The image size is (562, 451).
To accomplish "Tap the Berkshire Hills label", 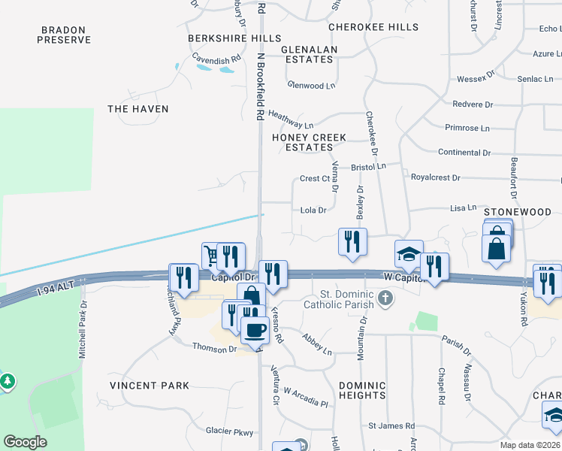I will coord(234,38).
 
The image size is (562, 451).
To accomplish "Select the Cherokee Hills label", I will coord(373,27).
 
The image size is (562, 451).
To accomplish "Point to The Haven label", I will coord(138,109).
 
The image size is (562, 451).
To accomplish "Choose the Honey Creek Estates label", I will coord(309,143).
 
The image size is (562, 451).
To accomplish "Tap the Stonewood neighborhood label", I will coord(518,212).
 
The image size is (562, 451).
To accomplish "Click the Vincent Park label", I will coord(150,386).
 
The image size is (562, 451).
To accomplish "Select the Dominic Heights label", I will coord(362,389).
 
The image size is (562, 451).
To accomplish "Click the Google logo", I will coord(25,442).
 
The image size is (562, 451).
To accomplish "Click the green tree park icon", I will coord(8,382).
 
